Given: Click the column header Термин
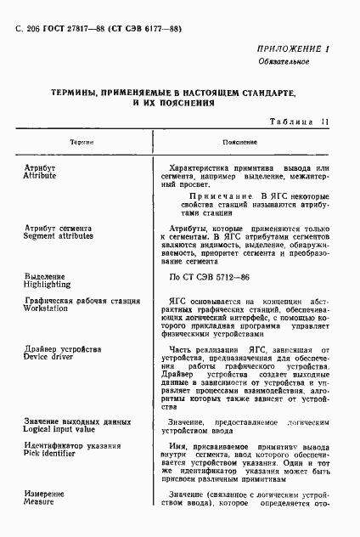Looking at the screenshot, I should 82,143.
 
